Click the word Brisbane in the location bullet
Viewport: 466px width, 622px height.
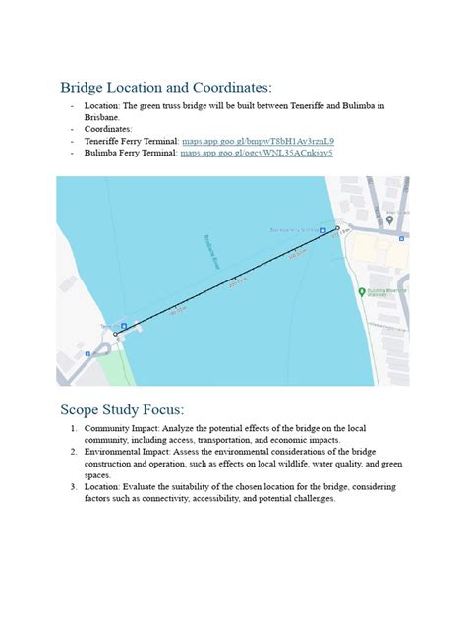tap(102, 117)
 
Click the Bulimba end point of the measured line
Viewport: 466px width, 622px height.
tap(337, 229)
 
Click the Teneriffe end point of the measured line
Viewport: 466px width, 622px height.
tap(115, 334)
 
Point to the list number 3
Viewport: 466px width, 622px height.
tap(72, 486)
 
